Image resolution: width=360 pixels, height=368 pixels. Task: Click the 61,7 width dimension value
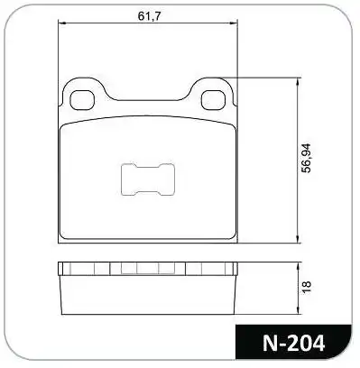[148, 16]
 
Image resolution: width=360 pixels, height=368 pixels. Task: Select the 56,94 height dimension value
[307, 158]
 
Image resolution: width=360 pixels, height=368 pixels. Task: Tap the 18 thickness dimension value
[307, 287]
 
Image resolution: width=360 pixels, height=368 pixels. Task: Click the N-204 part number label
[293, 343]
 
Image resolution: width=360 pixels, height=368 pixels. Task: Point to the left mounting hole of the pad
[82, 100]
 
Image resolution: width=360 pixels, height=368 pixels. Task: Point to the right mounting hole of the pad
[213, 100]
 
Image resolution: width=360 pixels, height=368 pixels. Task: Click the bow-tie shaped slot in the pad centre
[147, 179]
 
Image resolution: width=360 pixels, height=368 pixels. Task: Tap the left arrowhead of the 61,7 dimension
[61, 23]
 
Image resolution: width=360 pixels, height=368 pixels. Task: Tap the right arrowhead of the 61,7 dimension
[234, 23]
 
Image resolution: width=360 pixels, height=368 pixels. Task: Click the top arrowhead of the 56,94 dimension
[298, 82]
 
